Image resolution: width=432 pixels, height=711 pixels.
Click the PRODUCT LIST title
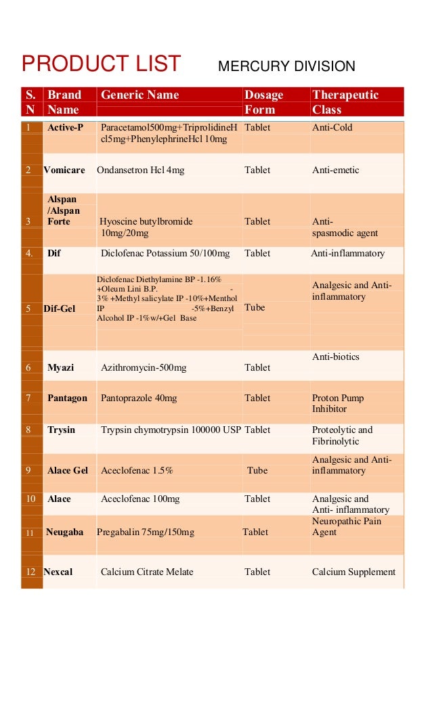click(101, 64)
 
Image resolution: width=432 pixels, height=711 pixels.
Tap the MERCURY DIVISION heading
click(286, 66)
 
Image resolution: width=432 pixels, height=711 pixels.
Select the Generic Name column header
click(140, 95)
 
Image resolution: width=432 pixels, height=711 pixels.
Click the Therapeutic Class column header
click(345, 102)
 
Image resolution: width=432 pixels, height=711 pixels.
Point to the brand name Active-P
click(65, 127)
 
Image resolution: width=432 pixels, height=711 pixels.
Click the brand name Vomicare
click(64, 170)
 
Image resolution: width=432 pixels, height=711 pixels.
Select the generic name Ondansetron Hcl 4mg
click(141, 170)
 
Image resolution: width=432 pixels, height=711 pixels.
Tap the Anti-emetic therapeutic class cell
click(336, 170)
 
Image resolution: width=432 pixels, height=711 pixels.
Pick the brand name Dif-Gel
click(60, 308)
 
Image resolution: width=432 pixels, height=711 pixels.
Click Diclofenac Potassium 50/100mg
click(165, 253)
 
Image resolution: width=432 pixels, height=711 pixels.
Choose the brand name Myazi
click(61, 367)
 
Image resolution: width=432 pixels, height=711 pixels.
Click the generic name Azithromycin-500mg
click(144, 367)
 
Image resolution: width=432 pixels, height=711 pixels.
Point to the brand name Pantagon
click(67, 398)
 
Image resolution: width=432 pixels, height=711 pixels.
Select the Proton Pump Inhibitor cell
click(338, 403)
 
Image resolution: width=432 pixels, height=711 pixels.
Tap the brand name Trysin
click(62, 430)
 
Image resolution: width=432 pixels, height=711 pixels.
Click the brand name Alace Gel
click(68, 470)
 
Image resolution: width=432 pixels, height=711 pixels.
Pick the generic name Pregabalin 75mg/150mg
click(146, 532)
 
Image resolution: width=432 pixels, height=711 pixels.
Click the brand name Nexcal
click(58, 572)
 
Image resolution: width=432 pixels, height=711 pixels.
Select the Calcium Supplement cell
click(353, 572)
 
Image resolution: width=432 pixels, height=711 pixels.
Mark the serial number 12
click(30, 572)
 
